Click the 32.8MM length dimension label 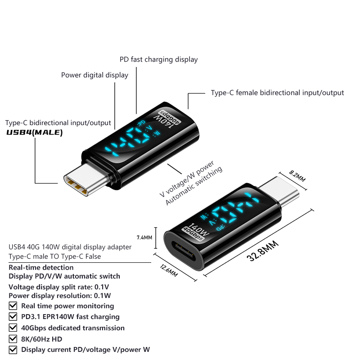coord(263,251)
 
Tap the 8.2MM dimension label coord(297,175)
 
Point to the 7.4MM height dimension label coord(144,238)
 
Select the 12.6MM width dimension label coord(169,270)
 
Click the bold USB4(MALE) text coord(35,132)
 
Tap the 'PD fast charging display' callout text coord(159,59)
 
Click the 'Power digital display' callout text coord(94,75)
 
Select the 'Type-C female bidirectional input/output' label coord(277,93)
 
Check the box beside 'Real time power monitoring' coord(13,306)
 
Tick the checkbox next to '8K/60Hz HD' coord(13,339)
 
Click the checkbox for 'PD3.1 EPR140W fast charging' coord(13,317)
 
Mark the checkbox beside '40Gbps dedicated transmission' coord(13,328)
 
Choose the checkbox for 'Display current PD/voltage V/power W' coord(13,350)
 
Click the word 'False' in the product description coord(93,256)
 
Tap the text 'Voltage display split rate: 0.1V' coord(59,287)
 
